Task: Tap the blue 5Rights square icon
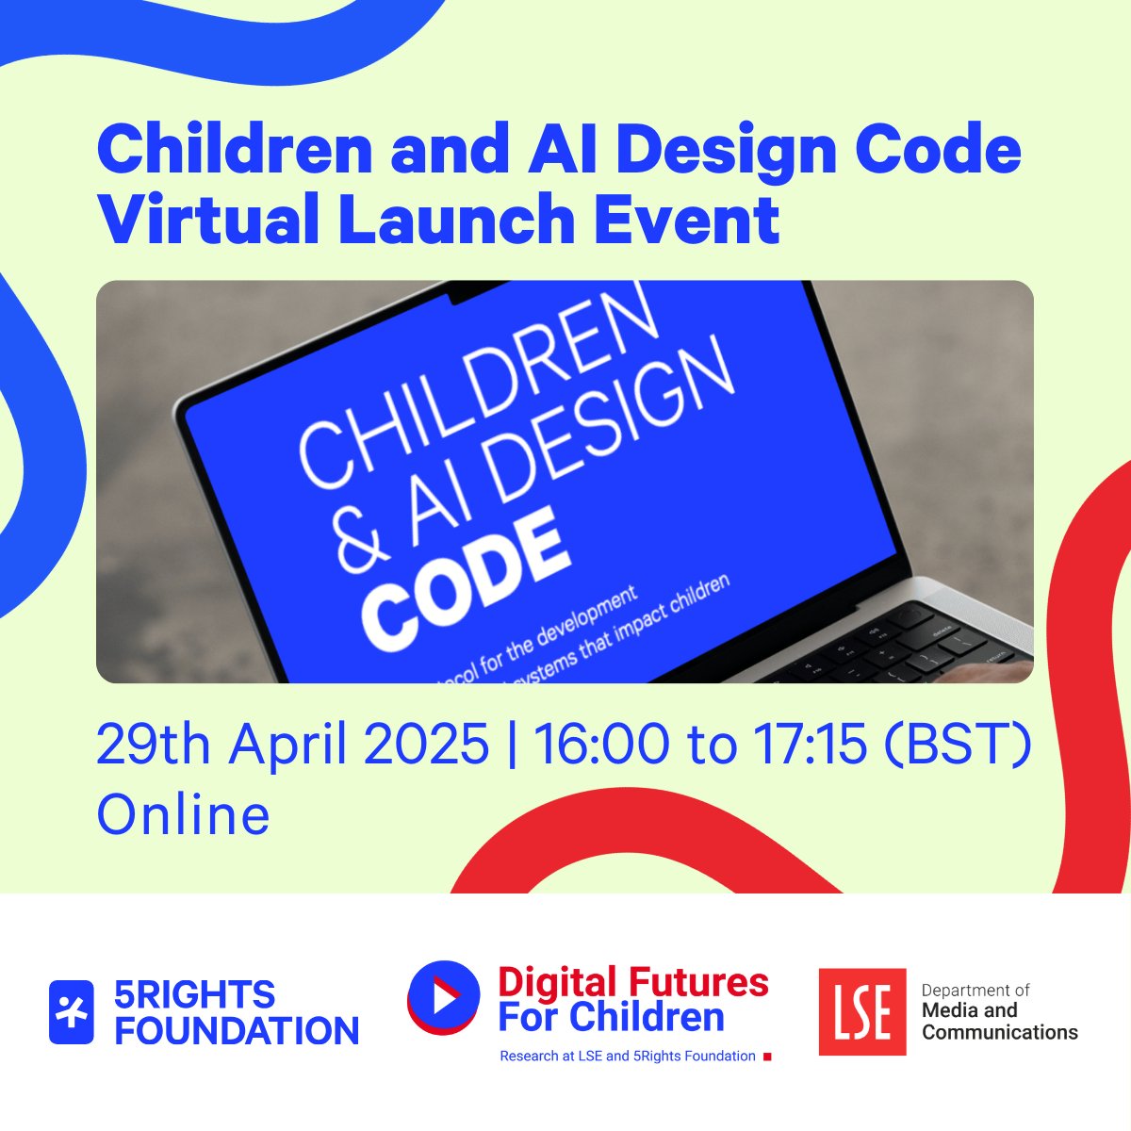[x=72, y=1012]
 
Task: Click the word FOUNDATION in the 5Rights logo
[x=237, y=1031]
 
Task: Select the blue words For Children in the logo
[x=611, y=1017]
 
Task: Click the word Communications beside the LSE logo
[x=999, y=1032]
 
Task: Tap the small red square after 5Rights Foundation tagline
[x=767, y=1057]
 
